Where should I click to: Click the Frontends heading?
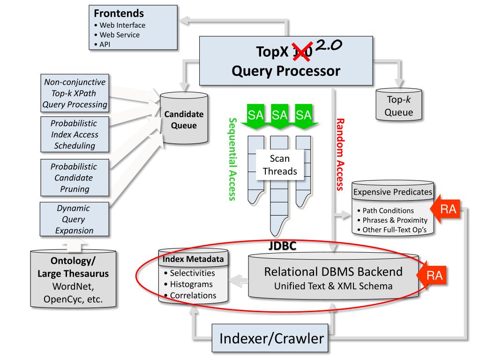point(119,14)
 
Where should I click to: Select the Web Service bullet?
point(117,35)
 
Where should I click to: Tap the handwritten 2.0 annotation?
point(329,45)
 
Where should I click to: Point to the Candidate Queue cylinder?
point(184,118)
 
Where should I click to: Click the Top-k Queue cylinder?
point(398,105)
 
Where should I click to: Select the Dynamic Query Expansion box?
point(75,219)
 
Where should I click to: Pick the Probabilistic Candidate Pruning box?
point(75,178)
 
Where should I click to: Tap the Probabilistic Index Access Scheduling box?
point(75,135)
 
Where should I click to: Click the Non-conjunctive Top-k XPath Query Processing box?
point(75,93)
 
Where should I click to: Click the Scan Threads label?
point(280,165)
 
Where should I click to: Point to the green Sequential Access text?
point(232,159)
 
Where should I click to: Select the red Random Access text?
point(340,155)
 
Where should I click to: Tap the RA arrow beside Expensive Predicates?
point(445,209)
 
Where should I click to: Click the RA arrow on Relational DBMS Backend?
point(432,275)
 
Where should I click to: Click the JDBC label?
point(282,246)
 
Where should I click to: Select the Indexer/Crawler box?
point(270,338)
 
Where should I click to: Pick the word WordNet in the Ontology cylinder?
point(73,286)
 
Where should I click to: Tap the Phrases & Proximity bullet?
point(392,220)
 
